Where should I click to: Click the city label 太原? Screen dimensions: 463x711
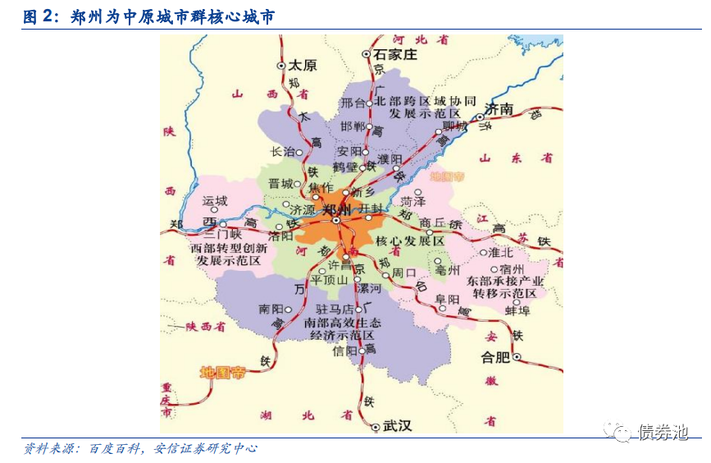(x=303, y=65)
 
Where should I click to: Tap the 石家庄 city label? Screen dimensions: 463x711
(x=395, y=54)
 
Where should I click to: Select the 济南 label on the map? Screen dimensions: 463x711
(x=499, y=108)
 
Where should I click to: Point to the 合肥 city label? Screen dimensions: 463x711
(x=495, y=357)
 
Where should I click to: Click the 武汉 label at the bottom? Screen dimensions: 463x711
(x=397, y=425)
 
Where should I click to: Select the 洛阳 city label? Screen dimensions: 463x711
(x=280, y=236)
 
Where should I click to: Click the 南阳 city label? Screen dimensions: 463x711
(x=270, y=309)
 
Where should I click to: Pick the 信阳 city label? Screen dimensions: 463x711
(x=344, y=351)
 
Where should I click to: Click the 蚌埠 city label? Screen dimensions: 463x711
(x=518, y=310)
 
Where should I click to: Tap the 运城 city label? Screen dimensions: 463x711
(x=214, y=200)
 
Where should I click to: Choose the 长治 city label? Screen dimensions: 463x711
(x=282, y=151)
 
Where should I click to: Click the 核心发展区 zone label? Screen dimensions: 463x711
(x=410, y=241)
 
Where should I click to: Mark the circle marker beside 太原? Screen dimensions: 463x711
(x=281, y=65)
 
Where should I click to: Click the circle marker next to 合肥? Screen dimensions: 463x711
(x=517, y=357)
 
